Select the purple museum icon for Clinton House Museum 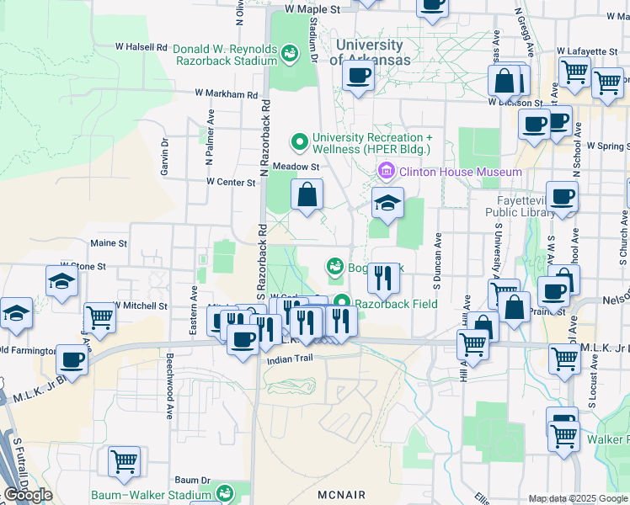pos(387,173)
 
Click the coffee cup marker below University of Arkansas pos(358,77)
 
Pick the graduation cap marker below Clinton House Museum pos(387,203)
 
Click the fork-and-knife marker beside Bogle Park pos(382,278)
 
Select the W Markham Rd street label pos(225,94)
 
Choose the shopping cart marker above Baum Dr pos(124,461)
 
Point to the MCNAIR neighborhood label pos(342,495)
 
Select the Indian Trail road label pos(290,359)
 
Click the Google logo pos(28,495)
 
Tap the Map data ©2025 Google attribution pos(577,498)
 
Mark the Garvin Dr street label pos(165,157)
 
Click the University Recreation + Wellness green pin pos(297,141)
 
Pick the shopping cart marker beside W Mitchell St pos(99,317)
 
